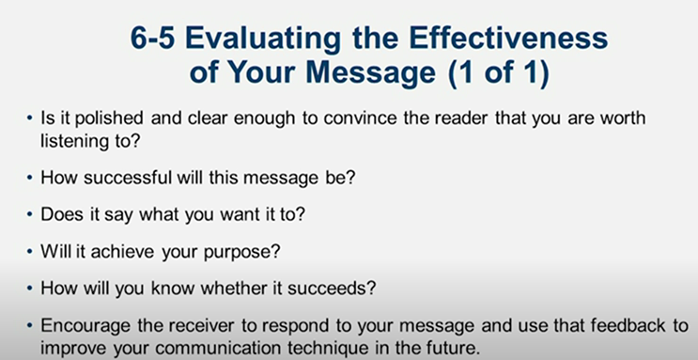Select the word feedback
(602, 326)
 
